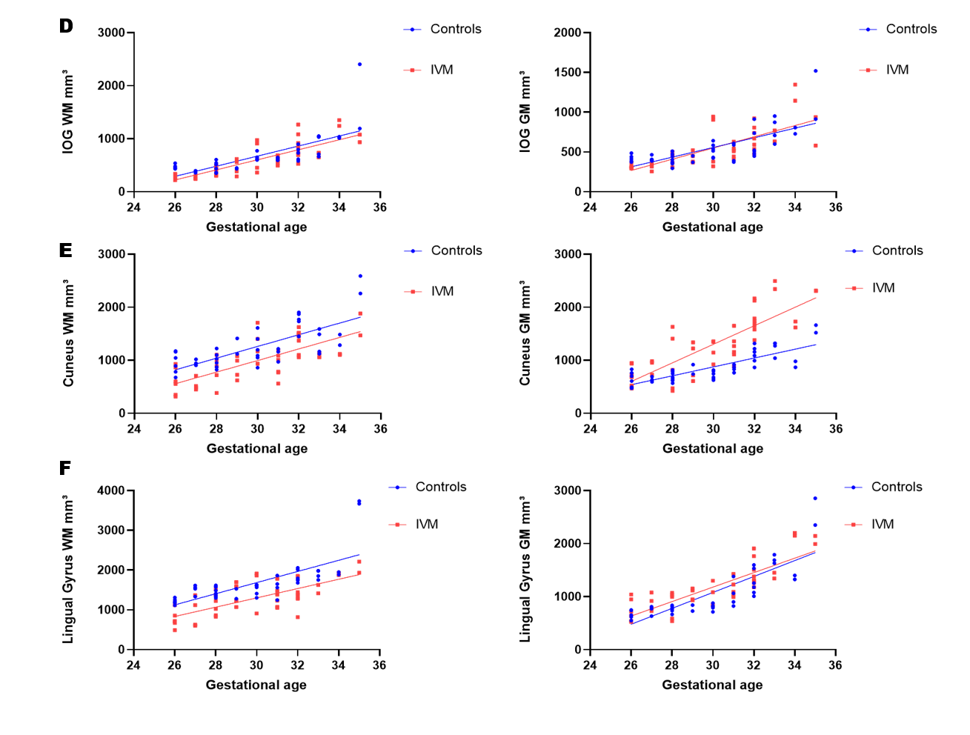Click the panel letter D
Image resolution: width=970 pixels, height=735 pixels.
pos(66,26)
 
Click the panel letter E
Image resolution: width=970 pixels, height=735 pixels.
pos(66,250)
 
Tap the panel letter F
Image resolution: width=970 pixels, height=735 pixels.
pos(65,468)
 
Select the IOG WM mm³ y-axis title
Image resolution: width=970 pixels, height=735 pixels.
pos(67,112)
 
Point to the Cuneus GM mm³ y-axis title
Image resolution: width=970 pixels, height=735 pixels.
pos(525,333)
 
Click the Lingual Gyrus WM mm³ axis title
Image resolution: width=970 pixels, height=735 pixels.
pos(67,569)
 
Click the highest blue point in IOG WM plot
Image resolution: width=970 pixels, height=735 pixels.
pos(359,64)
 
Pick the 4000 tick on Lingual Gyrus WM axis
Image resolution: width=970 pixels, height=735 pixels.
pos(111,490)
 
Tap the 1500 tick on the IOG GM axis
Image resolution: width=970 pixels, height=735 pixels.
pos(568,73)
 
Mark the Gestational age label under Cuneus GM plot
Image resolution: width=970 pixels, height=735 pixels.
pos(712,448)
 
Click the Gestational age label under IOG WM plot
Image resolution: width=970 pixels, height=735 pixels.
pos(256,227)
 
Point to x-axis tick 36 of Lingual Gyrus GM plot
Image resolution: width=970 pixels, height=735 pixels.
pos(835,665)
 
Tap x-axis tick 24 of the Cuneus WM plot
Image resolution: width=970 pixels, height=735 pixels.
pos(134,428)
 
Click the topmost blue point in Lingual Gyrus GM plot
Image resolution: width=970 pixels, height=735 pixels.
pos(815,499)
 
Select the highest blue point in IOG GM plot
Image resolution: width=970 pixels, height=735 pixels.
pos(815,71)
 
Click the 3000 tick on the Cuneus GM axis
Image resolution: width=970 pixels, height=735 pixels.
pos(568,254)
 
